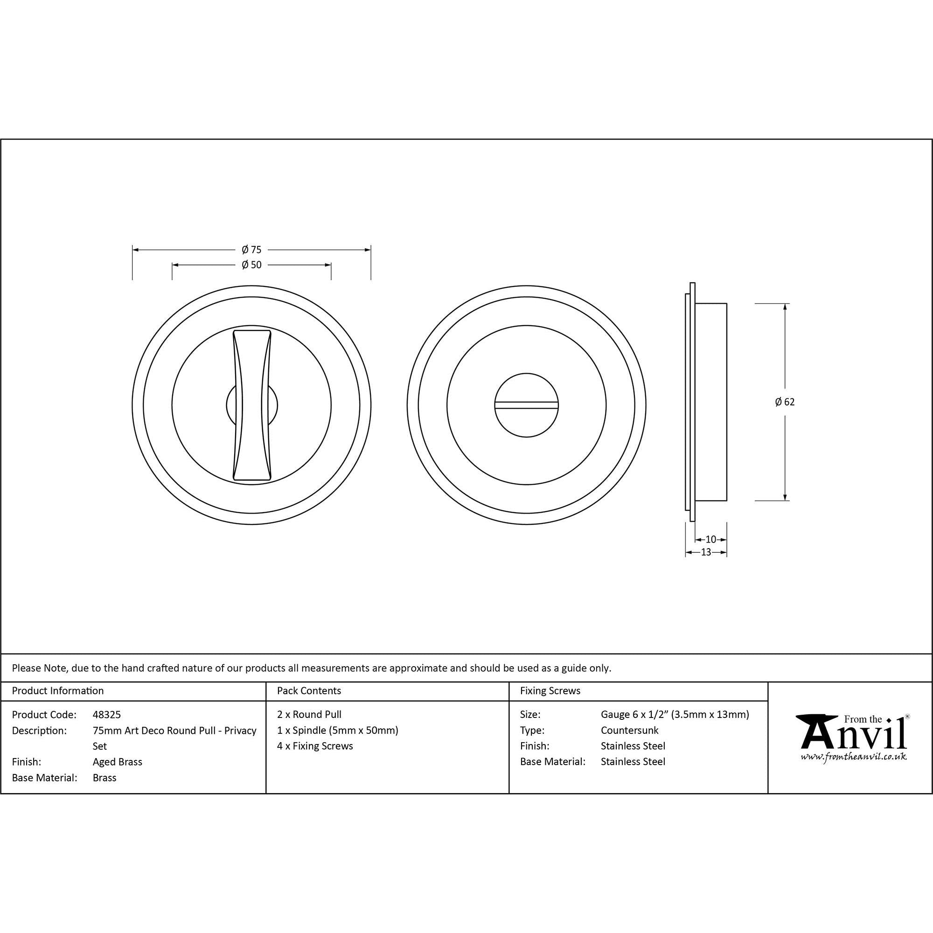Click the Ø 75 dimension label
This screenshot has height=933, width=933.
(251, 250)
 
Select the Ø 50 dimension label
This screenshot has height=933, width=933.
(251, 265)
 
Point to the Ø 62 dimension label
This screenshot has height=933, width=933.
(785, 402)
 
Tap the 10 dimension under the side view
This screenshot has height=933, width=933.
(711, 539)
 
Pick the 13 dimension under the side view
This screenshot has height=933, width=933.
(705, 552)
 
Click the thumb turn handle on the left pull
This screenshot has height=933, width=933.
(251, 405)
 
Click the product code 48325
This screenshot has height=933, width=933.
(107, 714)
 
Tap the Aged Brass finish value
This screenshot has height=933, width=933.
(118, 762)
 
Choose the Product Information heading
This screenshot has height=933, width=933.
(58, 690)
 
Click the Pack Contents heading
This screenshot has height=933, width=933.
(309, 690)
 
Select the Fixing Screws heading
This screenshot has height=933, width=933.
(550, 690)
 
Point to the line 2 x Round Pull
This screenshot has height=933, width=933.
(309, 714)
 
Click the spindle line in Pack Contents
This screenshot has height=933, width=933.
(338, 730)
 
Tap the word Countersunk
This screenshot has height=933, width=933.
(629, 730)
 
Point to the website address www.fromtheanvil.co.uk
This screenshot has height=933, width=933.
(853, 757)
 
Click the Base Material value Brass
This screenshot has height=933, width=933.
(104, 778)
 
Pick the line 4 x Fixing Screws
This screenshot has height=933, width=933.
(315, 745)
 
